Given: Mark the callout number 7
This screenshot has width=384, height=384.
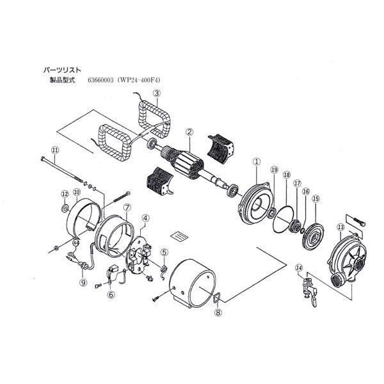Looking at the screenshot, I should (x=127, y=208).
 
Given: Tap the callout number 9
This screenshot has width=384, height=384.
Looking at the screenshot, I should (x=83, y=283).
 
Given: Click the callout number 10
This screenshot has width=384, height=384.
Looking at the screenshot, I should (x=76, y=192).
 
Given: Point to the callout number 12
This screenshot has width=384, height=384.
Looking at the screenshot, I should (x=65, y=194).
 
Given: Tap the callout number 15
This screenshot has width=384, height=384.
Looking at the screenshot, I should (x=315, y=199).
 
